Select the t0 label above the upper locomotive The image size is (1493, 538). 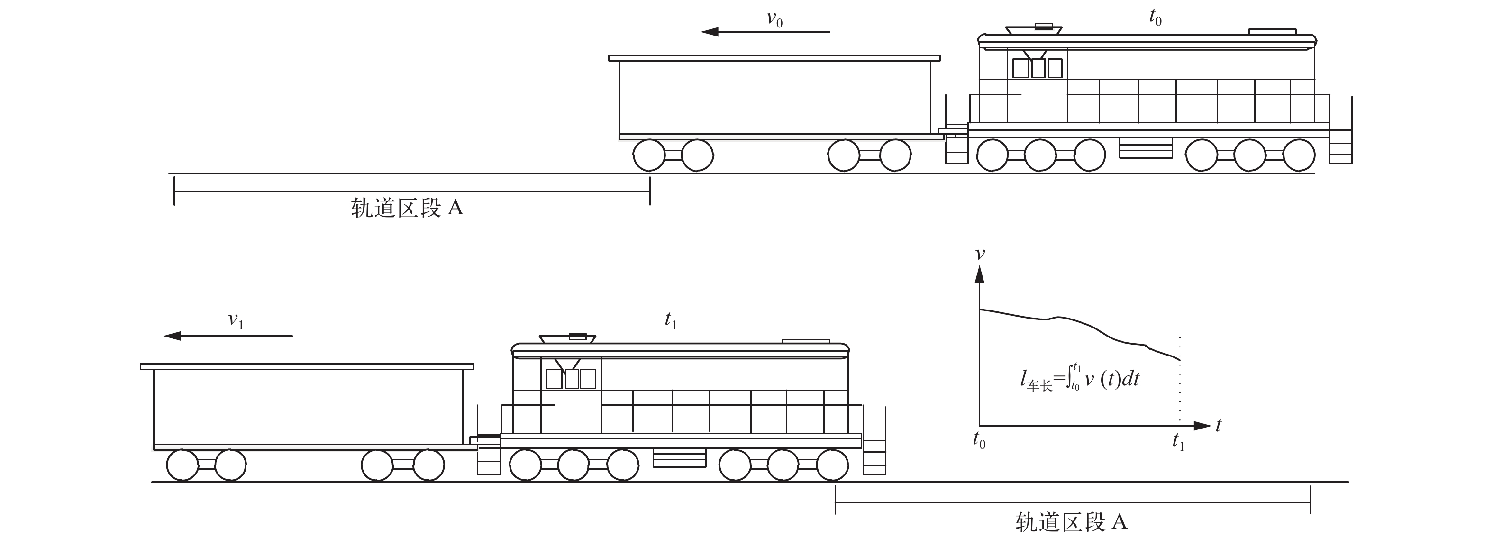1155,18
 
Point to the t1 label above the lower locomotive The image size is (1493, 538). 671,320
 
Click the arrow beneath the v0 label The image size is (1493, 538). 765,32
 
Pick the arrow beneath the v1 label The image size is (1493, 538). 228,336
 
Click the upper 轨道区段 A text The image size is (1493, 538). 407,208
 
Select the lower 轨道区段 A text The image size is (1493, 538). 1071,522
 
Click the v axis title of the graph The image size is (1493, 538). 980,254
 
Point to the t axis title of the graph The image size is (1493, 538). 1218,426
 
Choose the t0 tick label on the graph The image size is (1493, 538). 979,441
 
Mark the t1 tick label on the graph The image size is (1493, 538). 1178,442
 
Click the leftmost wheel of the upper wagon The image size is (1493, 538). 648,155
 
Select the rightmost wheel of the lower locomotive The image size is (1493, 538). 833,465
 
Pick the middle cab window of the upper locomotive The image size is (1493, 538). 1038,68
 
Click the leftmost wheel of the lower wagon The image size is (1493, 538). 182,465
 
